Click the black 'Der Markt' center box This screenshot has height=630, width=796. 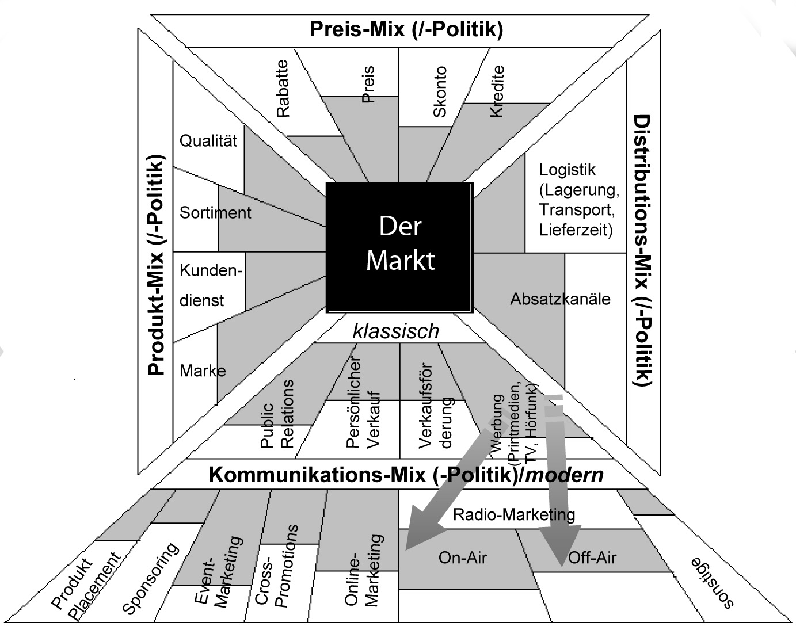(x=400, y=247)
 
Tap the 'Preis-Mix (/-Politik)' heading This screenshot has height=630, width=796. (x=406, y=29)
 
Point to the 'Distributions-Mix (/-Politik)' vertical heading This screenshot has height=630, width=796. (x=642, y=250)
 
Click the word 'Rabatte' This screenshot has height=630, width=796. (x=283, y=89)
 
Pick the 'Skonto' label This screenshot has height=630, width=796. (x=440, y=92)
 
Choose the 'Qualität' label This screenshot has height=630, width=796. (x=208, y=141)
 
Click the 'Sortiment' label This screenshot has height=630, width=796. (x=215, y=213)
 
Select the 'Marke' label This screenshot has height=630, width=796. (x=203, y=371)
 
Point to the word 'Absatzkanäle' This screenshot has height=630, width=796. (x=560, y=299)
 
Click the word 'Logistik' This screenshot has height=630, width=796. (x=567, y=170)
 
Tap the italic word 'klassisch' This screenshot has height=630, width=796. (x=396, y=331)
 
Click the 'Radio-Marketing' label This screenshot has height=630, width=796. (x=514, y=514)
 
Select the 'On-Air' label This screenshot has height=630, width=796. (x=463, y=558)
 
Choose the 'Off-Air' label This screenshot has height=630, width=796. (x=592, y=558)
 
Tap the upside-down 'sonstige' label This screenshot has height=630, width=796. (x=713, y=582)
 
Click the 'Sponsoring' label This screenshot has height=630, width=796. (x=151, y=579)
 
